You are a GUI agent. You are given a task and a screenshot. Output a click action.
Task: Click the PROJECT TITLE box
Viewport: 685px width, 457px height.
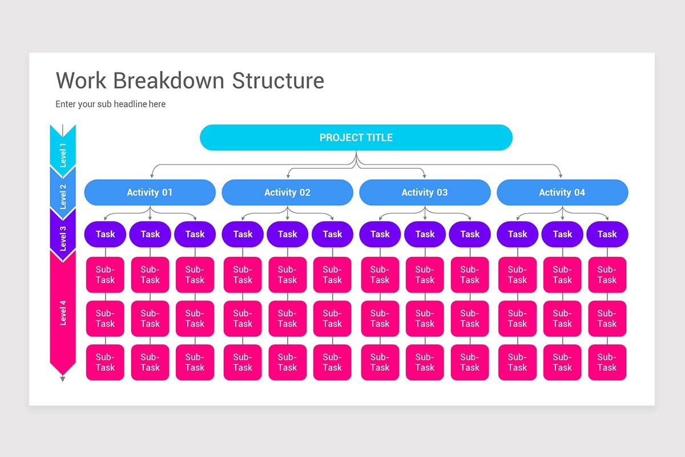click(x=356, y=138)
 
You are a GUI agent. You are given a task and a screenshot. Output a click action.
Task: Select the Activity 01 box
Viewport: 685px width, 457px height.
click(x=150, y=193)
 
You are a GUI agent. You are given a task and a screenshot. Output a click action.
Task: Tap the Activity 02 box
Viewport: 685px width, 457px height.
click(x=287, y=193)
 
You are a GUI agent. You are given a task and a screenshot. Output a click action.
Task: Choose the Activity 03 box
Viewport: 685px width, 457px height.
click(x=425, y=193)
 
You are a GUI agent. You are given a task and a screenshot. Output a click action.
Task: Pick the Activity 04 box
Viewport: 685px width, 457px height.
click(x=562, y=193)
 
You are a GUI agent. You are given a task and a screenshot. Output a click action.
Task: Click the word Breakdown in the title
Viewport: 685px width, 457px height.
click(x=169, y=81)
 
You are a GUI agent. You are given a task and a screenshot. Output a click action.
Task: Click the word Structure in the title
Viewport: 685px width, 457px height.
click(x=278, y=81)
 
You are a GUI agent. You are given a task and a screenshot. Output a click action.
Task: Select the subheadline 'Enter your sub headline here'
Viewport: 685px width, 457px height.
click(x=110, y=104)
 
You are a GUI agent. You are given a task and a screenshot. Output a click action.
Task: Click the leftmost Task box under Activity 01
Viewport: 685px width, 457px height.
click(x=105, y=234)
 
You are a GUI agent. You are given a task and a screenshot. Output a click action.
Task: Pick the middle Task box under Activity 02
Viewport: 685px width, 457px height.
click(x=287, y=234)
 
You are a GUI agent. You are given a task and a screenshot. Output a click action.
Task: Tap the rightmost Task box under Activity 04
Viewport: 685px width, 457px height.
click(x=607, y=234)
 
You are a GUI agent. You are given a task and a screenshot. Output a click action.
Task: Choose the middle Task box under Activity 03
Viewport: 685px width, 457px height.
click(x=425, y=234)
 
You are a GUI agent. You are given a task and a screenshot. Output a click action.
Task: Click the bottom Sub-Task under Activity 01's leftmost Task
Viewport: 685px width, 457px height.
click(x=105, y=362)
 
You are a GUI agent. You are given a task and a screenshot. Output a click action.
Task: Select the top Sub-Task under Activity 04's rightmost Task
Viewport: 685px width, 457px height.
click(x=607, y=275)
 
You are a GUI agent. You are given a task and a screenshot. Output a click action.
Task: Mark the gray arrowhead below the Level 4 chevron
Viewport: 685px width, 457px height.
click(x=63, y=379)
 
